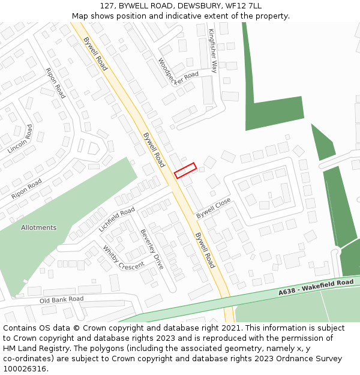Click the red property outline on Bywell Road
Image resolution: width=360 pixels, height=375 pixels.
point(185,170)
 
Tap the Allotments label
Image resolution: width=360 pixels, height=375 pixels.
point(38,228)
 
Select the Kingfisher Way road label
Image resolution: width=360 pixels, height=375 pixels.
point(212,50)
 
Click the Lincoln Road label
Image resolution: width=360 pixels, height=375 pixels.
point(20,139)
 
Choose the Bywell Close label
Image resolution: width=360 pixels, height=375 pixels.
point(214,208)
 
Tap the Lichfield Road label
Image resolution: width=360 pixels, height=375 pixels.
point(117,220)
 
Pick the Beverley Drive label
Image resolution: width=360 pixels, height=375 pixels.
point(152,249)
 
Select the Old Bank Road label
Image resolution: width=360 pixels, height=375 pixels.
point(61,299)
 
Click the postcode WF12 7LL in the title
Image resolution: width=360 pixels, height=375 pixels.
point(245,6)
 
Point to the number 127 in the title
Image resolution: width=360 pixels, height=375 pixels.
point(107,6)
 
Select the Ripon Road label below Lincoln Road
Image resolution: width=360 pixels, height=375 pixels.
point(26,189)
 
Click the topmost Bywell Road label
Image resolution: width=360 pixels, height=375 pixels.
point(95,54)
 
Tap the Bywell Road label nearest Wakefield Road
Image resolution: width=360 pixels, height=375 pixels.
point(205,250)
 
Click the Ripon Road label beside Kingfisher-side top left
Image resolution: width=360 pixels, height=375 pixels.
point(55,83)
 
